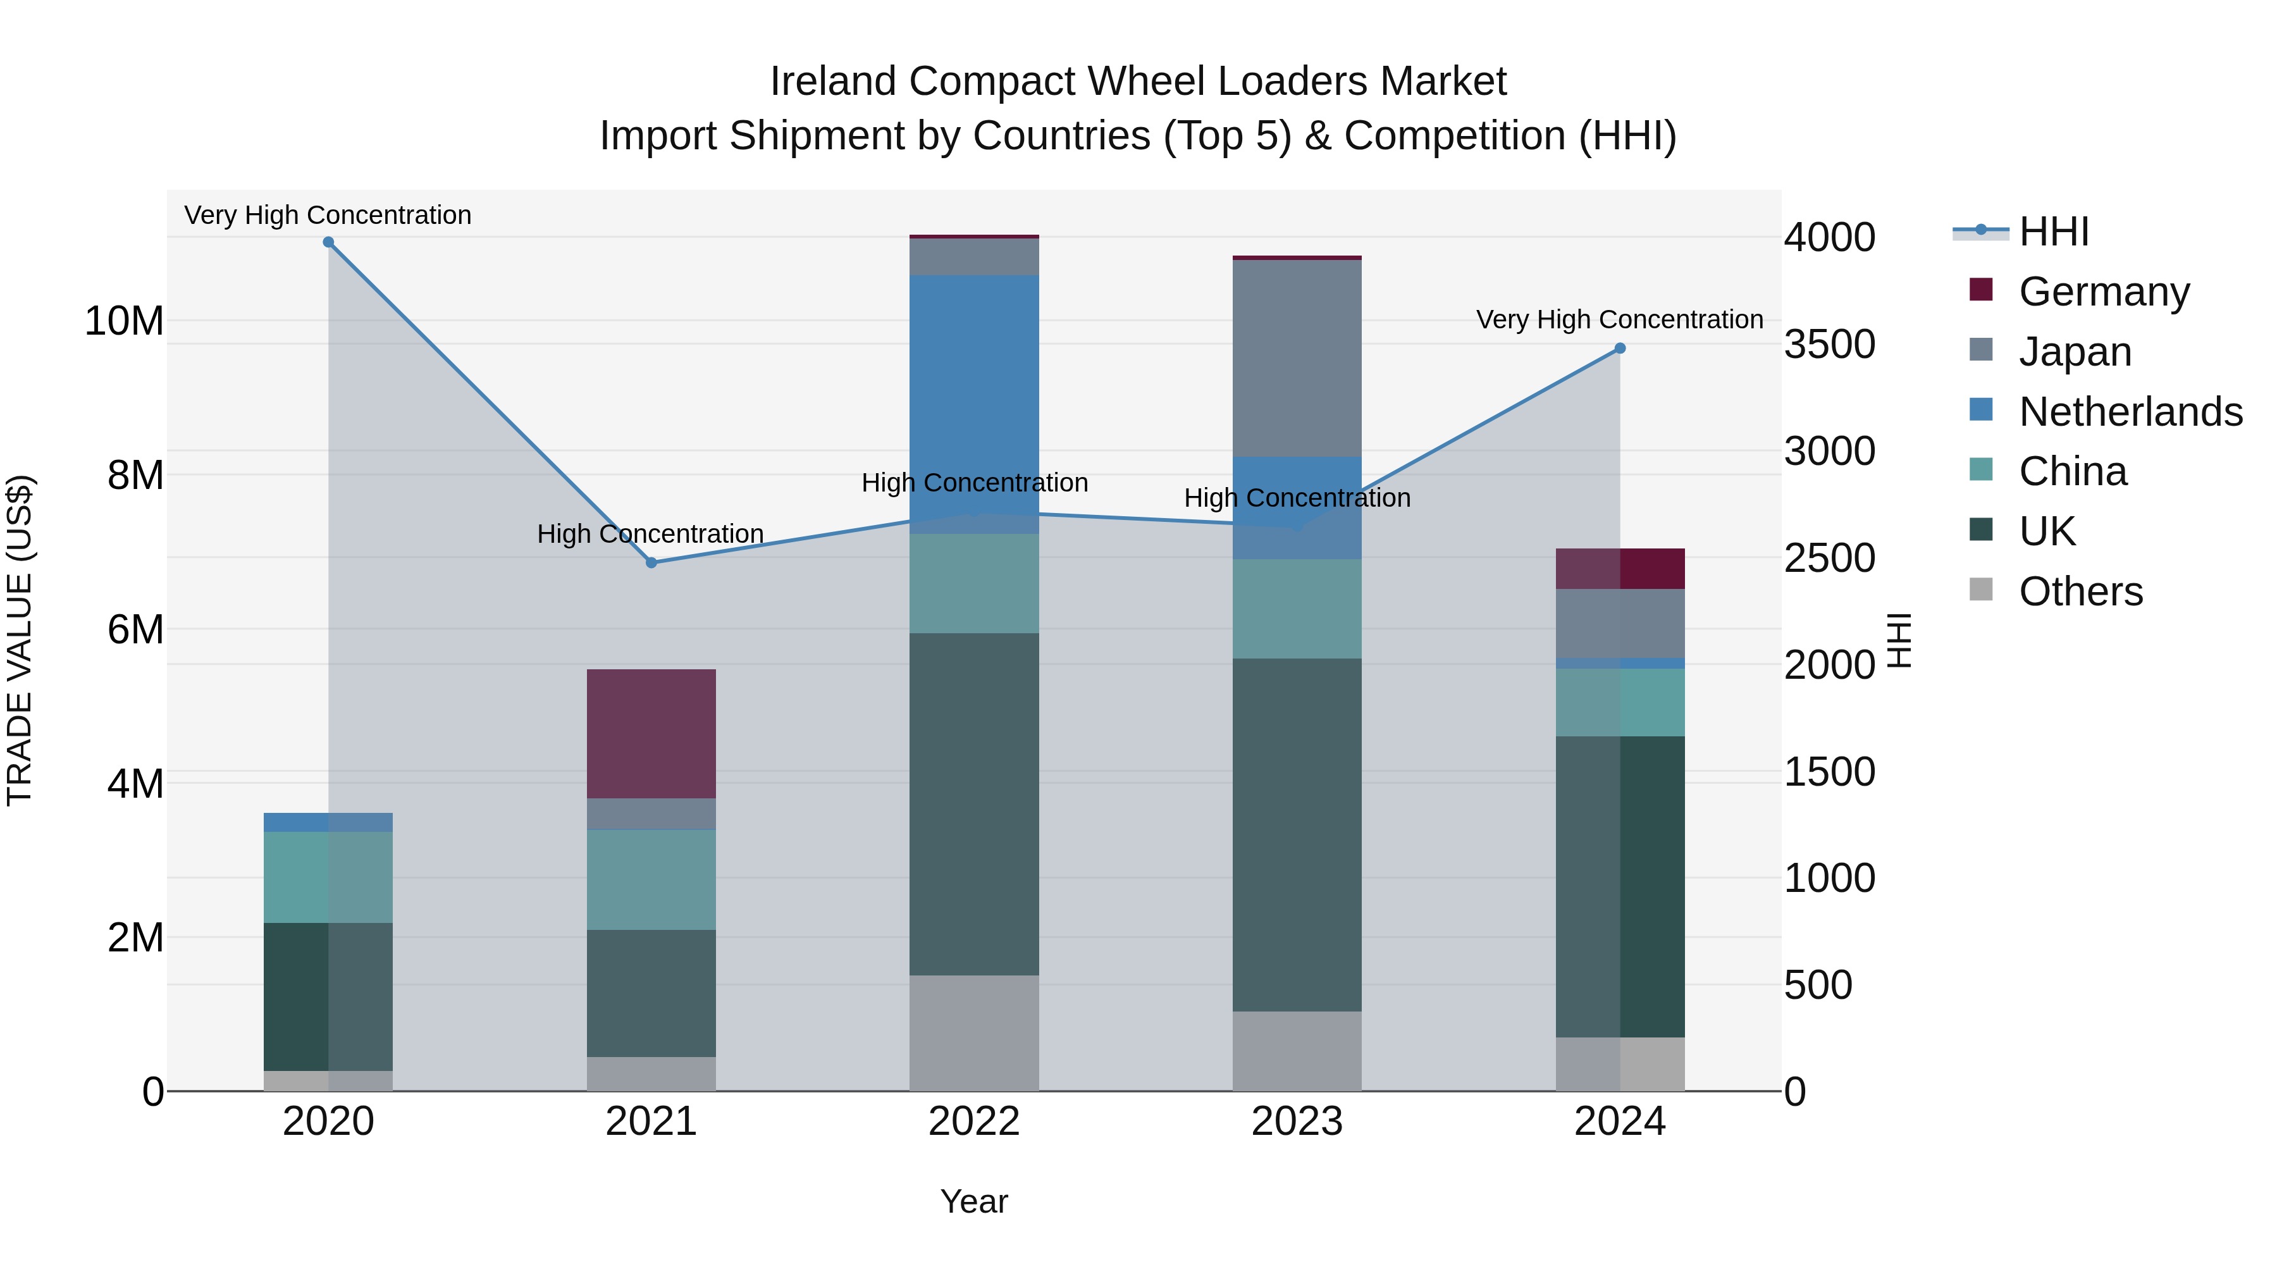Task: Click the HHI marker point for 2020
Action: [x=328, y=242]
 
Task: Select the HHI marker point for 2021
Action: [x=651, y=562]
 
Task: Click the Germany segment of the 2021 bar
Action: [x=651, y=734]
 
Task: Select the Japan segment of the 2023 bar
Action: [x=1297, y=358]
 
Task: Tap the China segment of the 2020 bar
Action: [x=328, y=877]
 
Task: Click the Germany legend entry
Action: [x=2104, y=292]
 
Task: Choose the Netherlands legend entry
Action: [x=2130, y=412]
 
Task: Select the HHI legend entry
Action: [x=2053, y=232]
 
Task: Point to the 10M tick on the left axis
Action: [x=124, y=321]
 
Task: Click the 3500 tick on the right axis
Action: [x=1829, y=345]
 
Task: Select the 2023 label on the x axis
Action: [x=1297, y=1122]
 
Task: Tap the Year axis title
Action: [x=974, y=1201]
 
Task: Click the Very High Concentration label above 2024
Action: [x=1619, y=319]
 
